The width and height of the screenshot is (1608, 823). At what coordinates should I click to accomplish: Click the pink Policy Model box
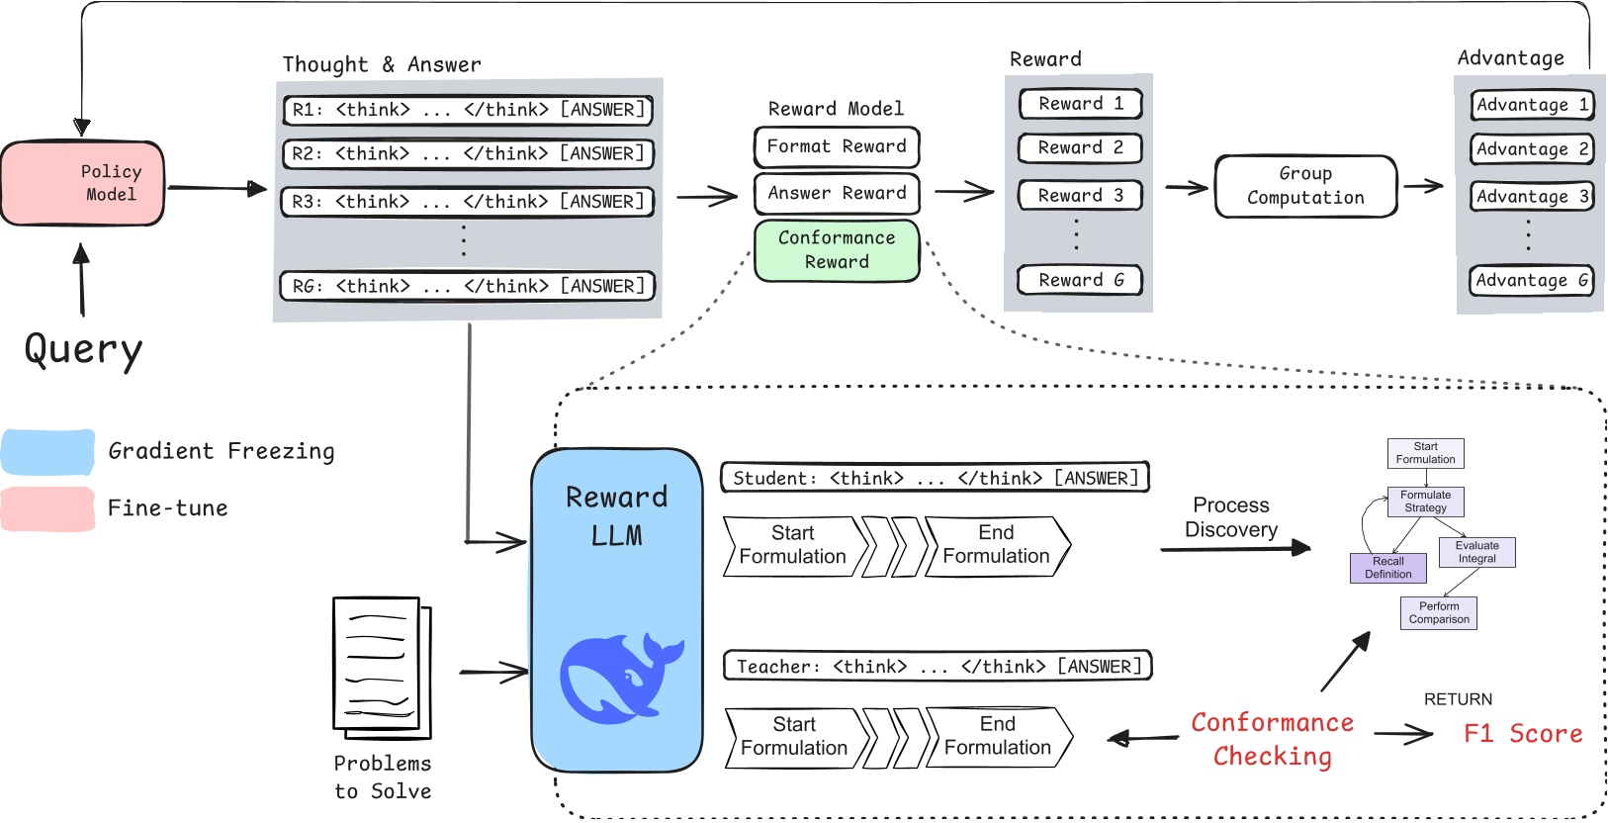(x=83, y=184)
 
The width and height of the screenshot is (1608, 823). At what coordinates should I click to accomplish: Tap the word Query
(x=83, y=349)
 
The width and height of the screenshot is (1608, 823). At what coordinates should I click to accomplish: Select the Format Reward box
(x=837, y=146)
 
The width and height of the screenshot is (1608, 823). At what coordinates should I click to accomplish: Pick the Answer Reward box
(x=837, y=193)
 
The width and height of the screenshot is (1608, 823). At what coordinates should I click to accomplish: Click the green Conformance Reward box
(x=837, y=250)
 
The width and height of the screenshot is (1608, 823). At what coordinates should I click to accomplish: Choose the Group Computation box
(x=1305, y=186)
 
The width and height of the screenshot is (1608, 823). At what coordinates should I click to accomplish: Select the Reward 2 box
(x=1080, y=148)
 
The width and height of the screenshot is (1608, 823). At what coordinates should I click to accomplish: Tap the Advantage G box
(x=1531, y=281)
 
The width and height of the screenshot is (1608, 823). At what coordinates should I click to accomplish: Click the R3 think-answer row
(x=468, y=202)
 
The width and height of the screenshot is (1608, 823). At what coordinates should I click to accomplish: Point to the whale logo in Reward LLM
(x=620, y=678)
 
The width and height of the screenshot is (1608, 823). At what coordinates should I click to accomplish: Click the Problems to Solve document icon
(x=381, y=668)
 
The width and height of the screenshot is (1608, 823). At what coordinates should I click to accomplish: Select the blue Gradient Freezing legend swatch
(x=48, y=452)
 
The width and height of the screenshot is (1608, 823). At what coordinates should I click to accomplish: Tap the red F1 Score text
(x=1522, y=734)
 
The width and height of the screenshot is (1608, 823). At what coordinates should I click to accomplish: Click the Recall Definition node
(x=1387, y=568)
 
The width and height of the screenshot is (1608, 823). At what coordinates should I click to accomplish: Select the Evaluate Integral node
(x=1476, y=552)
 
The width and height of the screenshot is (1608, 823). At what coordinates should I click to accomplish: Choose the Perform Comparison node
(x=1438, y=613)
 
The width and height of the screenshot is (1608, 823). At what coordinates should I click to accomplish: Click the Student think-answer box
(x=935, y=478)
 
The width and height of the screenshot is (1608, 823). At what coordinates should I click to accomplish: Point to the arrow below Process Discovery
(x=1235, y=548)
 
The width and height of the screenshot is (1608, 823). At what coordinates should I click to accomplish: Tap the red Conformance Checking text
(x=1272, y=740)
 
